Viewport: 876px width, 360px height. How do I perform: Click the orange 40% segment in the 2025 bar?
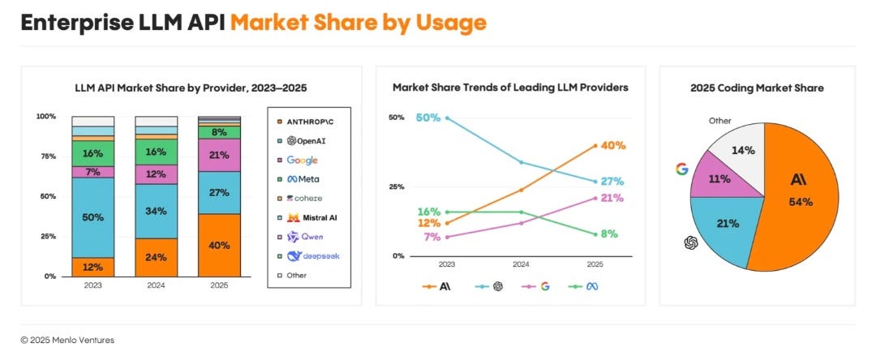[220, 245]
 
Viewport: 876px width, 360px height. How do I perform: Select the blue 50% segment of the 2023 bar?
[92, 217]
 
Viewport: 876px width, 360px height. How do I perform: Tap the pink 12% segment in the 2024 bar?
[157, 174]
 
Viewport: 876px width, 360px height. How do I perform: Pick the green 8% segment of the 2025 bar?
[220, 132]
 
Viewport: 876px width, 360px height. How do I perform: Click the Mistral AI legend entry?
[308, 217]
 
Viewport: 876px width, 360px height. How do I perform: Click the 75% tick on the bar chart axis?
[47, 156]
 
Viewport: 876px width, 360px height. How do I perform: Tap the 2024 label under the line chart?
[521, 265]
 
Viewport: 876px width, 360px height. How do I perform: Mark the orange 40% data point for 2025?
[595, 146]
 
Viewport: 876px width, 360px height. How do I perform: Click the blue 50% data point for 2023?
[447, 118]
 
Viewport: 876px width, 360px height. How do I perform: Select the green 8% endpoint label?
[609, 234]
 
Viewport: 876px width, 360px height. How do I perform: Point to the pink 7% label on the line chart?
[432, 237]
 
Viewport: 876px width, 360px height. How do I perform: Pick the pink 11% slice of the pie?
[724, 178]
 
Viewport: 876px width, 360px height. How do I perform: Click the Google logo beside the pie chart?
[681, 169]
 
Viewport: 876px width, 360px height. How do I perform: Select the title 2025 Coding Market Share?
[757, 88]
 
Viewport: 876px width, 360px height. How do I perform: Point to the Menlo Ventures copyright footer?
[67, 340]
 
